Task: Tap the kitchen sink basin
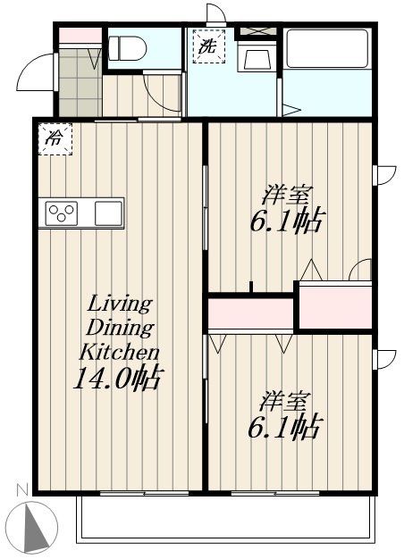click(x=107, y=213)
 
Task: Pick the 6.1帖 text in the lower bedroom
click(x=284, y=428)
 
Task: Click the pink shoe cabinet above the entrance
click(x=80, y=36)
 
